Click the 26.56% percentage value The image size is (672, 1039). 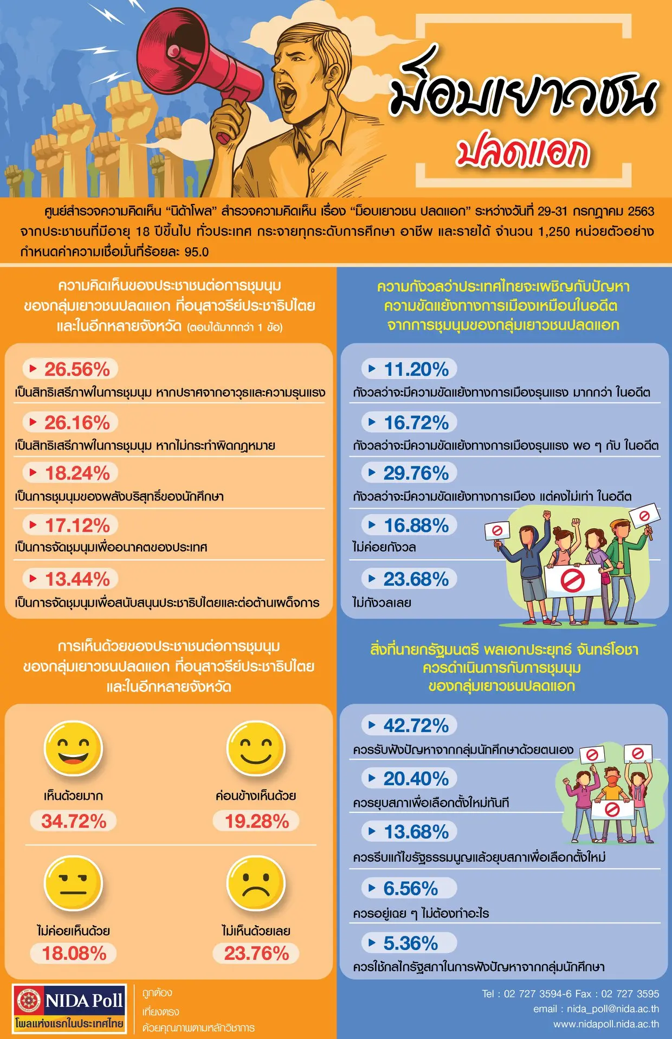(x=77, y=369)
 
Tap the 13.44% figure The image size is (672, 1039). (x=77, y=579)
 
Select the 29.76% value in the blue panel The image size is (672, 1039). (x=416, y=473)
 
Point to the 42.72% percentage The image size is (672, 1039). (x=416, y=726)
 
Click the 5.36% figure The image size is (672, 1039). (x=410, y=943)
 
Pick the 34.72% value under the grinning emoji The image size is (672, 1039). (x=74, y=821)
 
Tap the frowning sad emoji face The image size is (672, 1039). (x=256, y=884)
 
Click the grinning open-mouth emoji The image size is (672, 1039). (x=73, y=749)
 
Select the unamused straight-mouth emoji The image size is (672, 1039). (x=73, y=884)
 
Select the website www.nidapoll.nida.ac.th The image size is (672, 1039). (x=606, y=1024)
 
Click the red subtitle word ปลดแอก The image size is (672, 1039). (x=522, y=152)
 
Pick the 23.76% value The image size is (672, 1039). (x=256, y=953)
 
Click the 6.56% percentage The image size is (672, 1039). (x=410, y=889)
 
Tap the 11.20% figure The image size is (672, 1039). (x=416, y=369)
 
